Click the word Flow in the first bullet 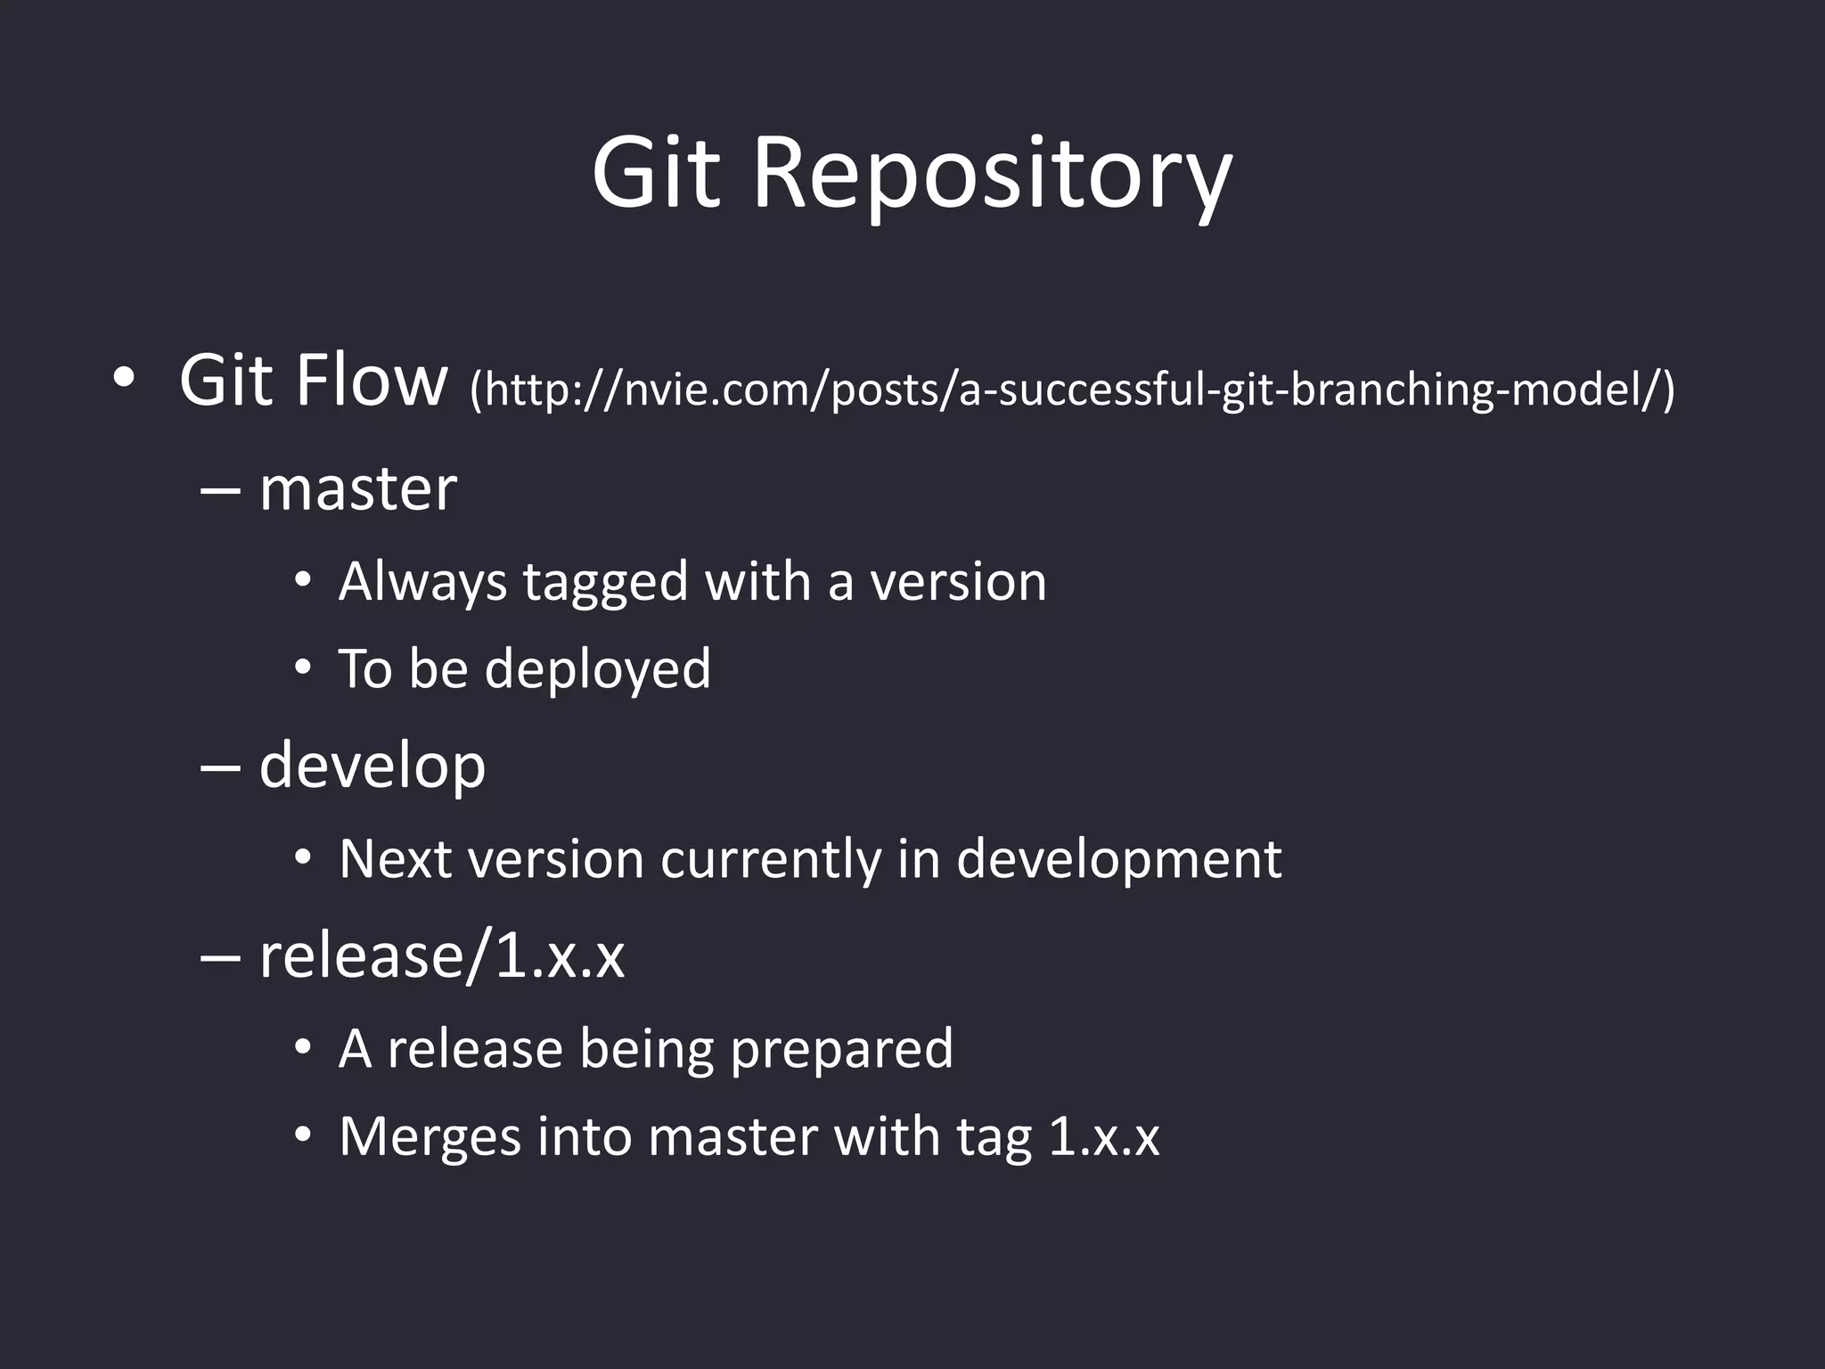point(371,381)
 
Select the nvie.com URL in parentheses point(1072,389)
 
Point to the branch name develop point(372,766)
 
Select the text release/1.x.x point(441,955)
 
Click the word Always point(422,582)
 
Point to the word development point(1118,860)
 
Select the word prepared point(841,1050)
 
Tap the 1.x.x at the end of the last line point(1103,1137)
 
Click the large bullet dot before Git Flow point(124,380)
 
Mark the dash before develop point(220,767)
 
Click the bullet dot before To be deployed point(303,667)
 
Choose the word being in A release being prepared point(647,1049)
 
